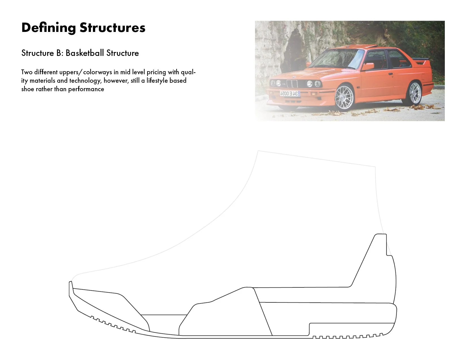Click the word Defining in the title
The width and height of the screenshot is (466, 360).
49,28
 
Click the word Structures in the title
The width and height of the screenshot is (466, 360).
112,28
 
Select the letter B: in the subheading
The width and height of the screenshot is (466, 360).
60,53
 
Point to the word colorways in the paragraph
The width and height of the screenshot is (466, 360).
98,72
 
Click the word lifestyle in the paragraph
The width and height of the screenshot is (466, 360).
158,81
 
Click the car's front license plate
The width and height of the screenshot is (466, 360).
290,93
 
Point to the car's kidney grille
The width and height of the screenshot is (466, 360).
292,83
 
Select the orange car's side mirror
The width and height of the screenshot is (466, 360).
368,67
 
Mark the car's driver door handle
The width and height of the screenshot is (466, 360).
391,74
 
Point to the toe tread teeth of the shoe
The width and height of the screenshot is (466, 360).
113,325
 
